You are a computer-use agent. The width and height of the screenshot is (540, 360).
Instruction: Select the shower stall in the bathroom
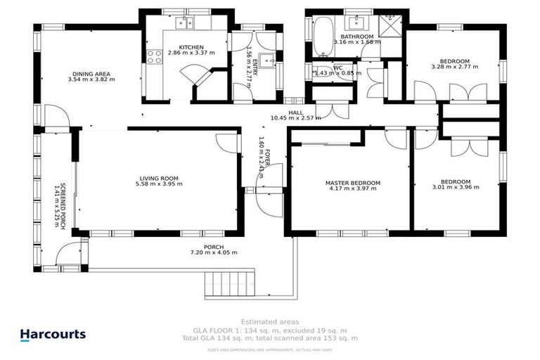389,27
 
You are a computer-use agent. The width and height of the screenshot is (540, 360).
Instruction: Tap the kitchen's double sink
184,23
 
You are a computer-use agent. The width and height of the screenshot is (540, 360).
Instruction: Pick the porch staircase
229,285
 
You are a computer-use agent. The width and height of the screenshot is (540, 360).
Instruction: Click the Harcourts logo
52,335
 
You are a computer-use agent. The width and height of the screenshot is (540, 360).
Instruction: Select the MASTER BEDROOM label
352,183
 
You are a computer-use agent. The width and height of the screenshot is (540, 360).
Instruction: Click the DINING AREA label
91,73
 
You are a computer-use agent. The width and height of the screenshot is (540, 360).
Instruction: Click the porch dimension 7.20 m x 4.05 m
214,252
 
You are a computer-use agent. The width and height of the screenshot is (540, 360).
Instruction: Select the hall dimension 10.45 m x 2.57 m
295,117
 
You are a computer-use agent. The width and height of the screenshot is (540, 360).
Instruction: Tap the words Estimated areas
269,321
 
